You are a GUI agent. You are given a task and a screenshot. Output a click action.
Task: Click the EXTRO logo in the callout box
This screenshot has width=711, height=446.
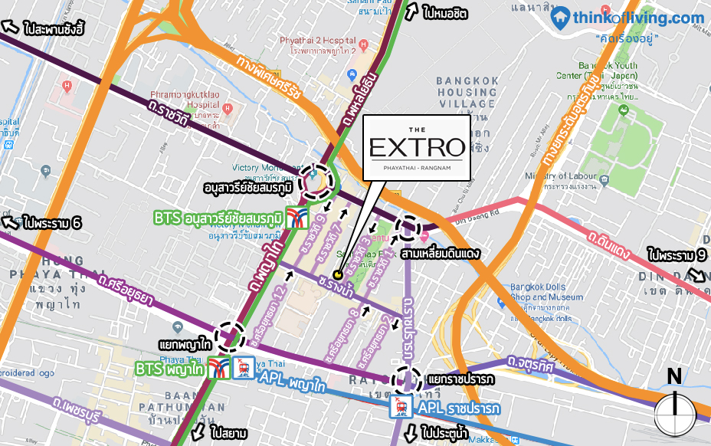[x=417, y=146]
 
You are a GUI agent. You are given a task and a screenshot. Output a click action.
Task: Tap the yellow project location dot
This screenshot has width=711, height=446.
[x=338, y=274]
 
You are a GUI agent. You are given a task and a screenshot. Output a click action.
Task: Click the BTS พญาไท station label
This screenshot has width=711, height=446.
[x=169, y=369]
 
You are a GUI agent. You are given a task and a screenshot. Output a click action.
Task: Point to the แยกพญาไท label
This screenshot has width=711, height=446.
[x=185, y=345]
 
